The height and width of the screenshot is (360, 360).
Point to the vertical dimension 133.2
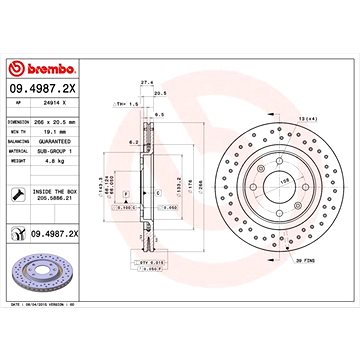point(180,187)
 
